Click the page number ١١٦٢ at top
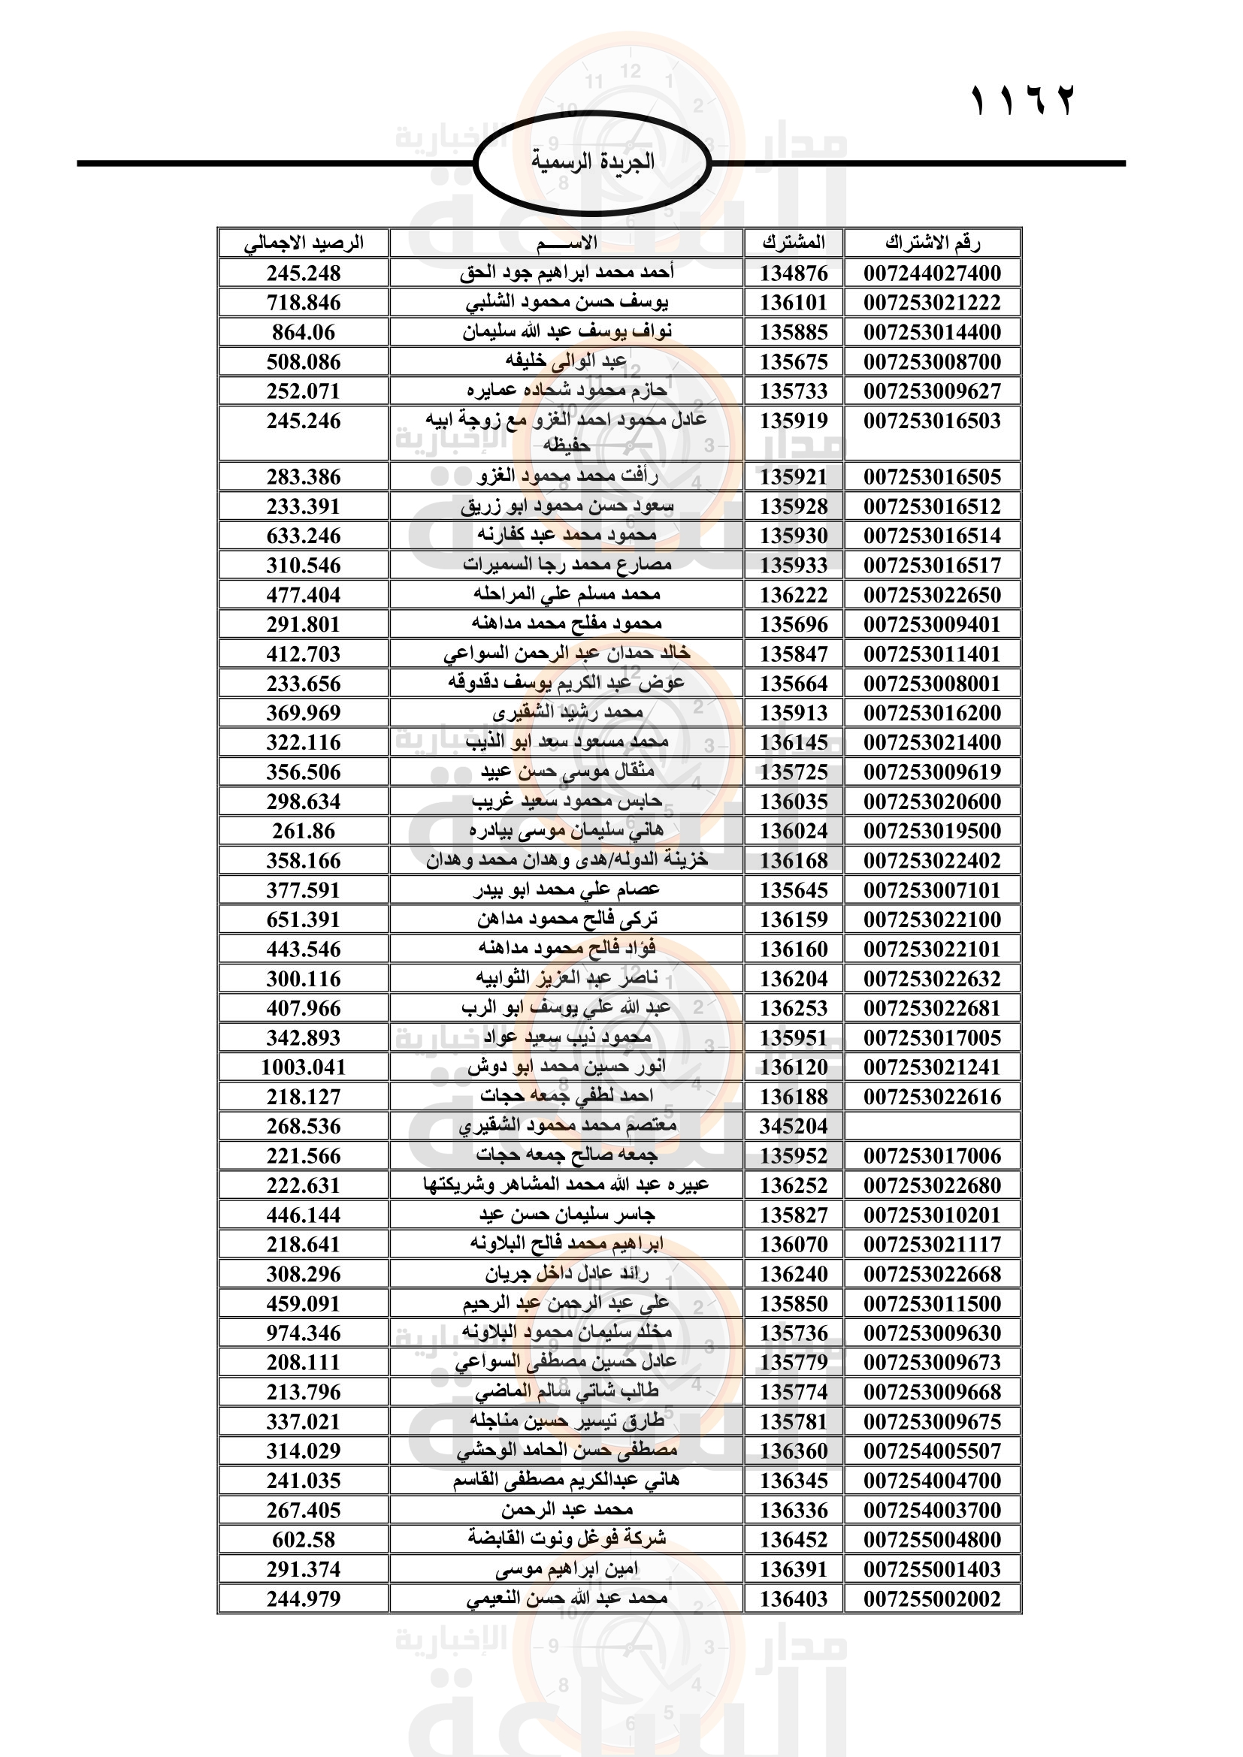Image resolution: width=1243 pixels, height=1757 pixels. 1023,100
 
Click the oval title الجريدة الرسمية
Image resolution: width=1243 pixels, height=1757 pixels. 592,162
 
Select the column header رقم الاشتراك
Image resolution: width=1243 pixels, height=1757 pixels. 932,243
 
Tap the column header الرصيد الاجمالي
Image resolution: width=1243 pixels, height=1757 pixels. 304,243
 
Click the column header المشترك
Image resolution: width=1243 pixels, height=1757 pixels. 794,243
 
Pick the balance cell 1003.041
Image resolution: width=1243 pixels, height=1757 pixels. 304,1067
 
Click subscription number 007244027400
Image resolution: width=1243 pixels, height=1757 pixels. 932,273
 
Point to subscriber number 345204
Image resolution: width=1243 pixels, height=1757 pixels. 794,1126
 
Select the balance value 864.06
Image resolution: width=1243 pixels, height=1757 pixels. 304,332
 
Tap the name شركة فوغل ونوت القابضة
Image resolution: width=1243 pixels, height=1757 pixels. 567,1538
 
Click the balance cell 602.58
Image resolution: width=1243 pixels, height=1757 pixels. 304,1539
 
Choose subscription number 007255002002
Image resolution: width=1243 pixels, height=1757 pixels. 932,1599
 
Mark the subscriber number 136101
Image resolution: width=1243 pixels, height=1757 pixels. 794,302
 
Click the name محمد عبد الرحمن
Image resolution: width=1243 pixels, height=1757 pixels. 567,1509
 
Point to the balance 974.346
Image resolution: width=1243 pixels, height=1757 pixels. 304,1333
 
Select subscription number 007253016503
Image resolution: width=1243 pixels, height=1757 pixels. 932,421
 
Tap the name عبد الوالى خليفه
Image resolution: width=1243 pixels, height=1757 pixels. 567,361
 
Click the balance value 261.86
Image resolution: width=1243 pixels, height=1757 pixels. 304,831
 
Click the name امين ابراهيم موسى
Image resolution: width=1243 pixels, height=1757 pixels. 567,1568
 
